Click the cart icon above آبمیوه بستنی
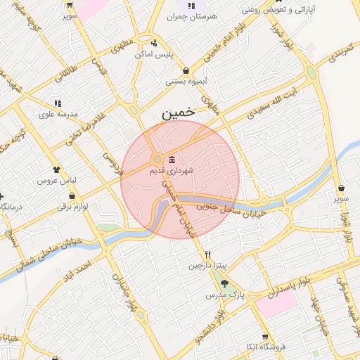click(x=186, y=70)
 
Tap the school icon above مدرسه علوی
click(x=58, y=103)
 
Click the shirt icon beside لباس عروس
click(x=56, y=169)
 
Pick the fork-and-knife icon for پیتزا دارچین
click(x=207, y=255)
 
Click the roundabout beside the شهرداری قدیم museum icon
click(x=157, y=159)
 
